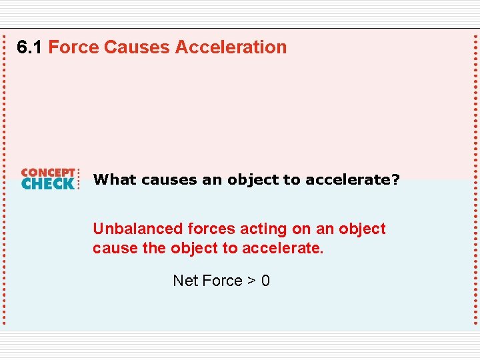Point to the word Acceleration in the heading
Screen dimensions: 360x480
[x=231, y=47]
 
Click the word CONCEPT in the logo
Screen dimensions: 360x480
[x=48, y=172]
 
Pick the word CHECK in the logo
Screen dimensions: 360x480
[x=48, y=183]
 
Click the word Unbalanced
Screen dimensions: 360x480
[x=137, y=229]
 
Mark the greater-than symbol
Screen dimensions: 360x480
[x=251, y=281]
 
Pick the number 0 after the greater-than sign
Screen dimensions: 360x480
[x=265, y=281]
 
